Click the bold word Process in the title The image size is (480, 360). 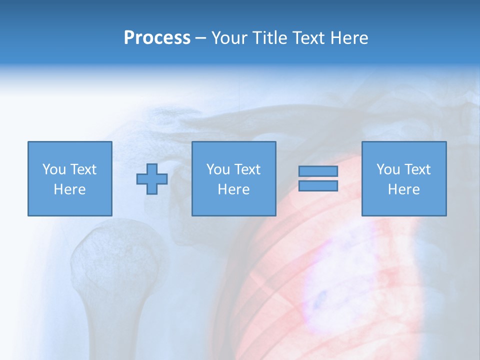click(x=157, y=38)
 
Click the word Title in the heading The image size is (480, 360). click(x=270, y=38)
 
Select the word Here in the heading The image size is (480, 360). click(x=349, y=38)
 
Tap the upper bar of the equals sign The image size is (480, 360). click(x=318, y=171)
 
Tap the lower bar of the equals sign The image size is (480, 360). click(x=318, y=186)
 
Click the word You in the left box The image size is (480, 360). click(x=53, y=169)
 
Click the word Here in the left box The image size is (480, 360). click(x=70, y=189)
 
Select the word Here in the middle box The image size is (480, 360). click(x=234, y=189)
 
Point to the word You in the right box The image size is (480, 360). click(x=387, y=169)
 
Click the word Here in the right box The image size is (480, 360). click(x=404, y=189)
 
